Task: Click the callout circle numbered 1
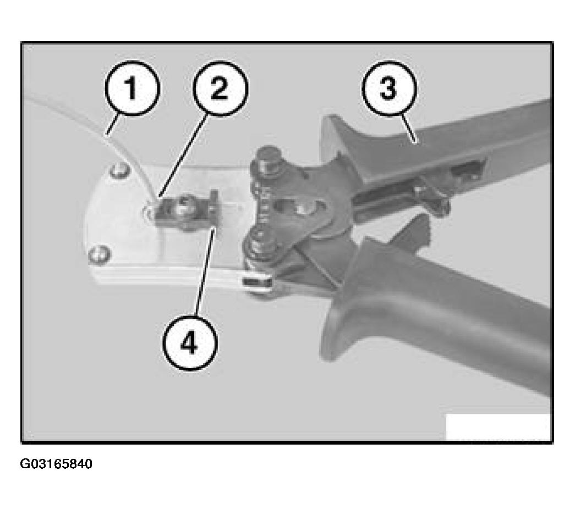pos(133,88)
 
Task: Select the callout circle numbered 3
pos(389,88)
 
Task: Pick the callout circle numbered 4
pos(190,343)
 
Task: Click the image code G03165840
pos(56,464)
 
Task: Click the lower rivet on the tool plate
pos(98,254)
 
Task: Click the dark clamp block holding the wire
pos(185,210)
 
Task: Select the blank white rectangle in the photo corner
pos(498,426)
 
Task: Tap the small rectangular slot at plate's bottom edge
pos(259,282)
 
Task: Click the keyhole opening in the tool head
pos(289,208)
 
